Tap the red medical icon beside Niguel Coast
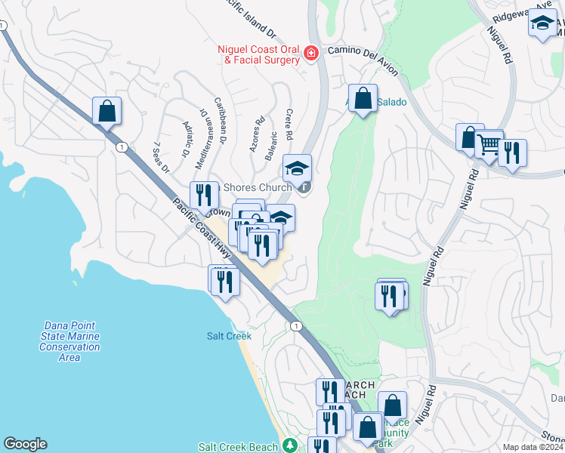310,52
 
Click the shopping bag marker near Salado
363,98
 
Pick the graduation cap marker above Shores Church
297,168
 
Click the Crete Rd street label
289,124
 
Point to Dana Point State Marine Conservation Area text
69,341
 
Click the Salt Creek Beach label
238,446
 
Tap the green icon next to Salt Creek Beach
289,445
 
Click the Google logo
25,444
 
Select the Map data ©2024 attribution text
532,447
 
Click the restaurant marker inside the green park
390,295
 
